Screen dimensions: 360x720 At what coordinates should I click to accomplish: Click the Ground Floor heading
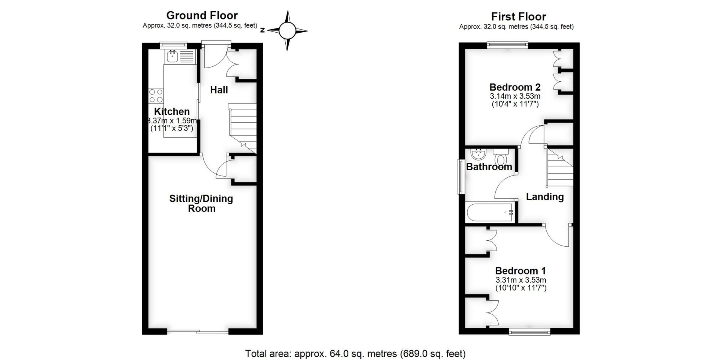pos(202,15)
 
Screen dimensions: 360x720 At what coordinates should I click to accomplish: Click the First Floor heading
pos(518,16)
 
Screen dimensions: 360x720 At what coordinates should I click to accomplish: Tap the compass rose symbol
pos(287,31)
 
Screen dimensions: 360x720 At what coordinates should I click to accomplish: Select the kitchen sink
pos(173,57)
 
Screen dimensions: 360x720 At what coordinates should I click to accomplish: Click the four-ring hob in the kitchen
pos(156,95)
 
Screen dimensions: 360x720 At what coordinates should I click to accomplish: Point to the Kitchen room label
pos(172,111)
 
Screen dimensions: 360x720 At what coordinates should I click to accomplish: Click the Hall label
pos(219,90)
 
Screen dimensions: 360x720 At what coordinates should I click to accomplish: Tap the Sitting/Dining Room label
pos(201,203)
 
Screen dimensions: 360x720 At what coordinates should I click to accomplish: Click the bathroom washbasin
pos(478,154)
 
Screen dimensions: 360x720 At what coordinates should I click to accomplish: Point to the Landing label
pos(544,197)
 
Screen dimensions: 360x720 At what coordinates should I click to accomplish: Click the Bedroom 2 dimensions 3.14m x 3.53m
pos(515,96)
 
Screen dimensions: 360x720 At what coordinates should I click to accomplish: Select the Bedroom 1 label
pos(520,271)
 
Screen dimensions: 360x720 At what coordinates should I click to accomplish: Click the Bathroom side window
pos(460,177)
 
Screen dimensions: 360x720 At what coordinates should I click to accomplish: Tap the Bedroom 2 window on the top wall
pos(507,45)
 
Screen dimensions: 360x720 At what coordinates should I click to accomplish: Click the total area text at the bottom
pos(355,354)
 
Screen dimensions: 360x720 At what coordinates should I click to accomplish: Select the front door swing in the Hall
pos(214,56)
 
